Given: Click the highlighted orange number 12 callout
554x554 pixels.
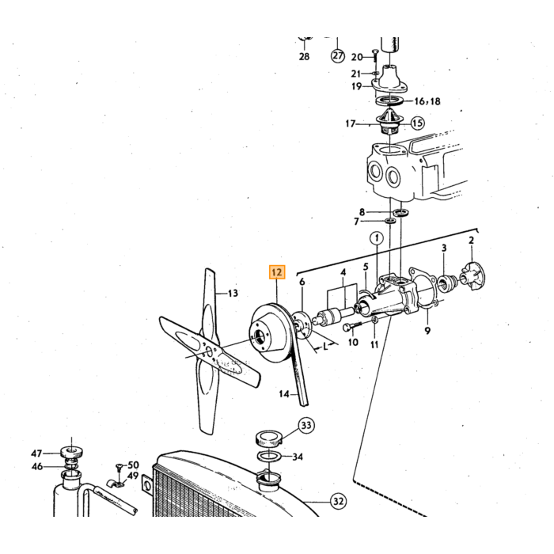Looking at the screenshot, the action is pos(277,272).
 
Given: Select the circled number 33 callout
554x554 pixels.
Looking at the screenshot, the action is pos(306,425).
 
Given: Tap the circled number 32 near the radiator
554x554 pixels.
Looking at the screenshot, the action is pos(338,501).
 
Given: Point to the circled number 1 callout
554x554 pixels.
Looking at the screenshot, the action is pos(377,238).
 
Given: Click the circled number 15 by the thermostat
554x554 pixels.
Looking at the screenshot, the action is pos(417,123).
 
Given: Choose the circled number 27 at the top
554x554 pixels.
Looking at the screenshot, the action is pos(338,56).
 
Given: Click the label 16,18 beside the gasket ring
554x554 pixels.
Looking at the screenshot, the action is pos(427,101).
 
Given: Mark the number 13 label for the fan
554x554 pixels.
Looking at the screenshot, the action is pos(233,293).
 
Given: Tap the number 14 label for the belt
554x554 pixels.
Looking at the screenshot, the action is pos(284,393).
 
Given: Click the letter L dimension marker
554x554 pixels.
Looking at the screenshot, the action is pos(325,347).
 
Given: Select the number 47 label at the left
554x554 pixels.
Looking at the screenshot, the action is pos(36,453).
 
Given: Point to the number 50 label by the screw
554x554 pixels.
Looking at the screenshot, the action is pos(133,465).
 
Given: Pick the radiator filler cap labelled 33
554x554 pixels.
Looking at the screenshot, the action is pos(268,438).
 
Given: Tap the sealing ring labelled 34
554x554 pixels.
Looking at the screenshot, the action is pos(269,456).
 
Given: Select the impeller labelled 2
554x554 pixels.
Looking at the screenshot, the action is pos(473,275).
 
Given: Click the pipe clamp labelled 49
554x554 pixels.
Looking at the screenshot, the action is pos(116,483).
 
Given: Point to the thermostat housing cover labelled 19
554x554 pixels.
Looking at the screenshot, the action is pos(389,80).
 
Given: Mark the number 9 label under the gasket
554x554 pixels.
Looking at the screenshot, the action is pos(427,331).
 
